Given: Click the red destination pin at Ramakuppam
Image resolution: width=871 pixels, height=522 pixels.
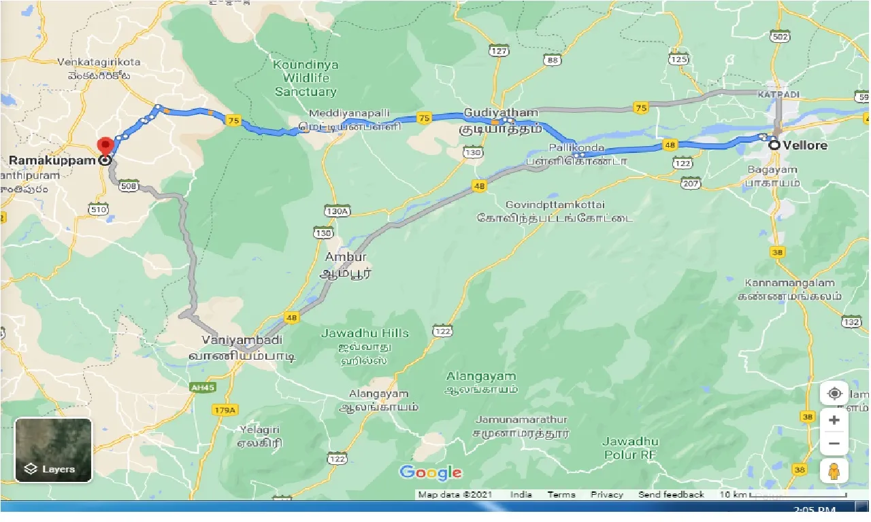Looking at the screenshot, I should (x=105, y=146).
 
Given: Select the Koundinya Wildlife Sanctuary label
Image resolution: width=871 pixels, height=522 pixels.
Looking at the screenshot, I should (x=306, y=77).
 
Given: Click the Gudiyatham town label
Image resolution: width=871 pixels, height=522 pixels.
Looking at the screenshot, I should (x=501, y=112).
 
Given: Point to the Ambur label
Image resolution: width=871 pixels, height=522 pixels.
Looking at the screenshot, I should (x=346, y=257).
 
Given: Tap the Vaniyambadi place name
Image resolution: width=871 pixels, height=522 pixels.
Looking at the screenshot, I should (x=242, y=339).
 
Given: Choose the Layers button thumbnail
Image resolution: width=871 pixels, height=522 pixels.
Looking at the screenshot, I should (x=53, y=449).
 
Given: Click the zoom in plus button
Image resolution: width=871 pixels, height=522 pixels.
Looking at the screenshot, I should (x=834, y=420).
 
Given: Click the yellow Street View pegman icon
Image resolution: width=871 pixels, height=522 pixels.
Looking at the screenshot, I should (x=834, y=470).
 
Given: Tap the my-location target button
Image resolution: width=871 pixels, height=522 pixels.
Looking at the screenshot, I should (x=834, y=394).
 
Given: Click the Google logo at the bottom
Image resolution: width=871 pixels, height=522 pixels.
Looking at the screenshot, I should (x=430, y=472).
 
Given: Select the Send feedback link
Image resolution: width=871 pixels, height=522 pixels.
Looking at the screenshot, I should (x=670, y=495).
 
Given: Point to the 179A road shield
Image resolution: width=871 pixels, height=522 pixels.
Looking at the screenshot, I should (x=224, y=410).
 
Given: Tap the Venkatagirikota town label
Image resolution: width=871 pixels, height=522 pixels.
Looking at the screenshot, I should (x=99, y=62).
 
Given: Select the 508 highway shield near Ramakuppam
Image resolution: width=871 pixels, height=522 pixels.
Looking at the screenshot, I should (x=127, y=185).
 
